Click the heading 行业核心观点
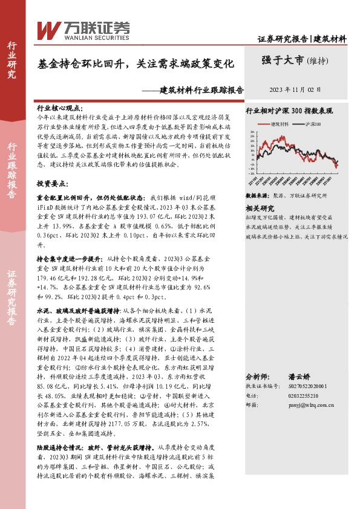point(57,106)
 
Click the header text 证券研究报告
point(283,39)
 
